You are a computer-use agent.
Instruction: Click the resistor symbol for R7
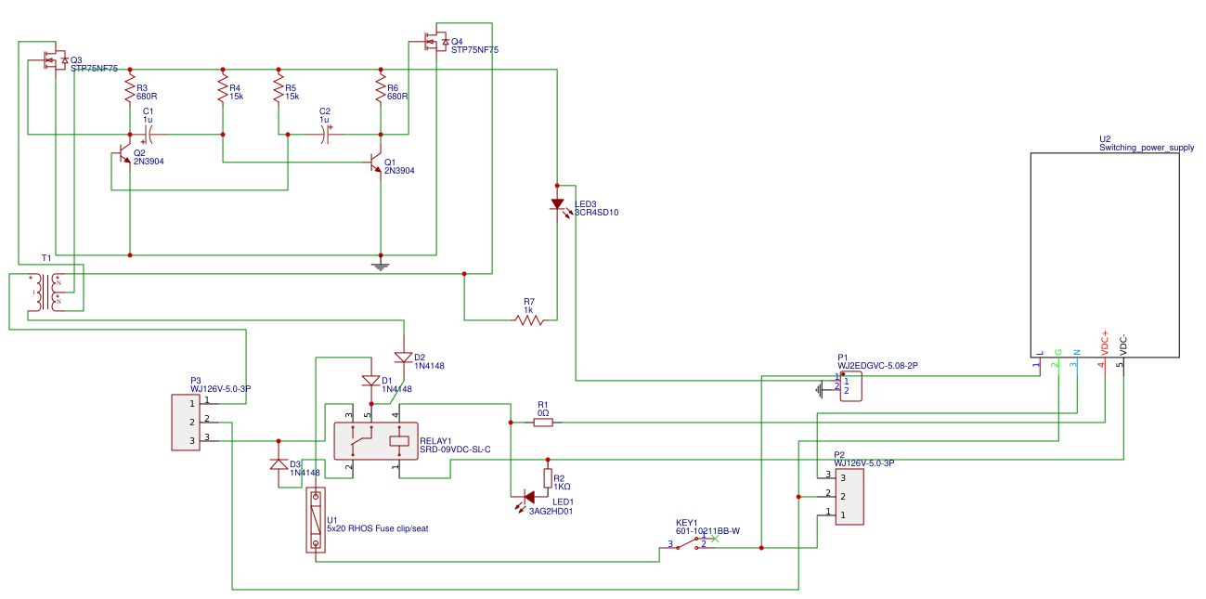(529, 320)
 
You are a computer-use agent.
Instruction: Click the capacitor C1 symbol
(148, 135)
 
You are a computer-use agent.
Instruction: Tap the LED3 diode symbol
(557, 204)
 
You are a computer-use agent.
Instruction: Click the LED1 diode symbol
(529, 497)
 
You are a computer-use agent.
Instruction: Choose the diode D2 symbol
(403, 358)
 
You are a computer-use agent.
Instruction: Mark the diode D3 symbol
(279, 464)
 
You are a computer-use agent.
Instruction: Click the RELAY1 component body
(375, 440)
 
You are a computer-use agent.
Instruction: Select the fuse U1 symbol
(317, 520)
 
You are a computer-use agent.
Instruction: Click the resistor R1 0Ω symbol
(543, 423)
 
